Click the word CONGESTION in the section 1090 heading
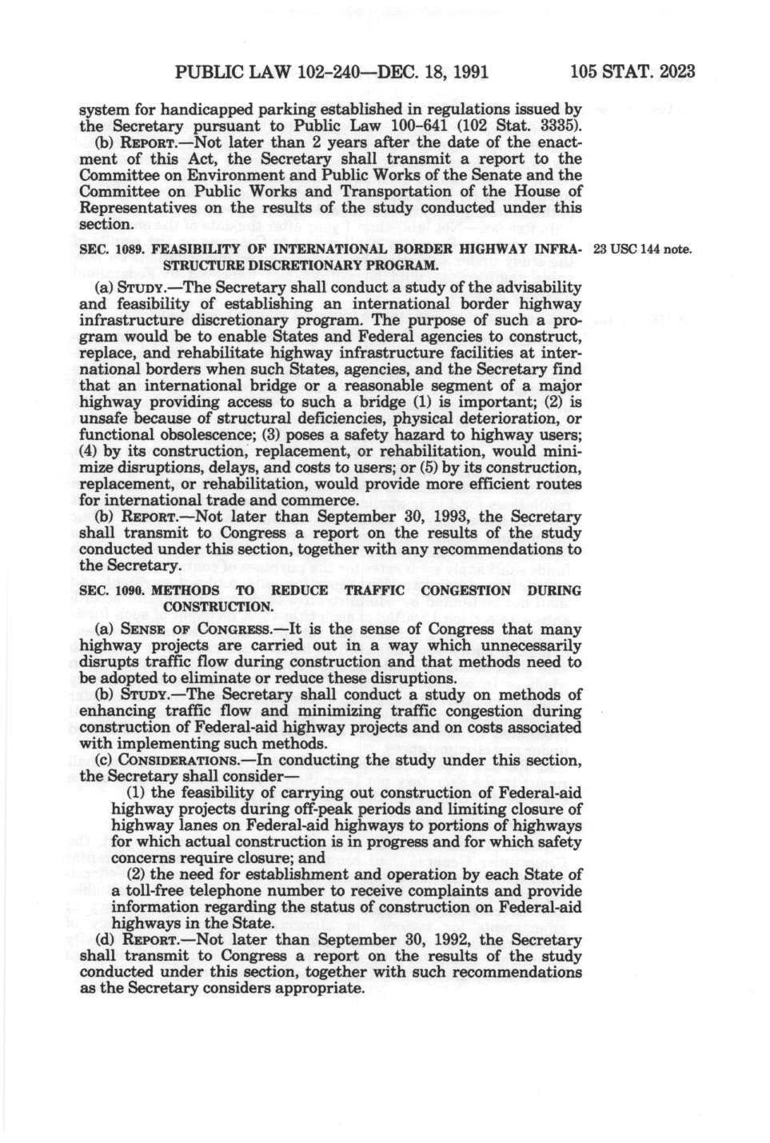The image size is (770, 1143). coord(465,590)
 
